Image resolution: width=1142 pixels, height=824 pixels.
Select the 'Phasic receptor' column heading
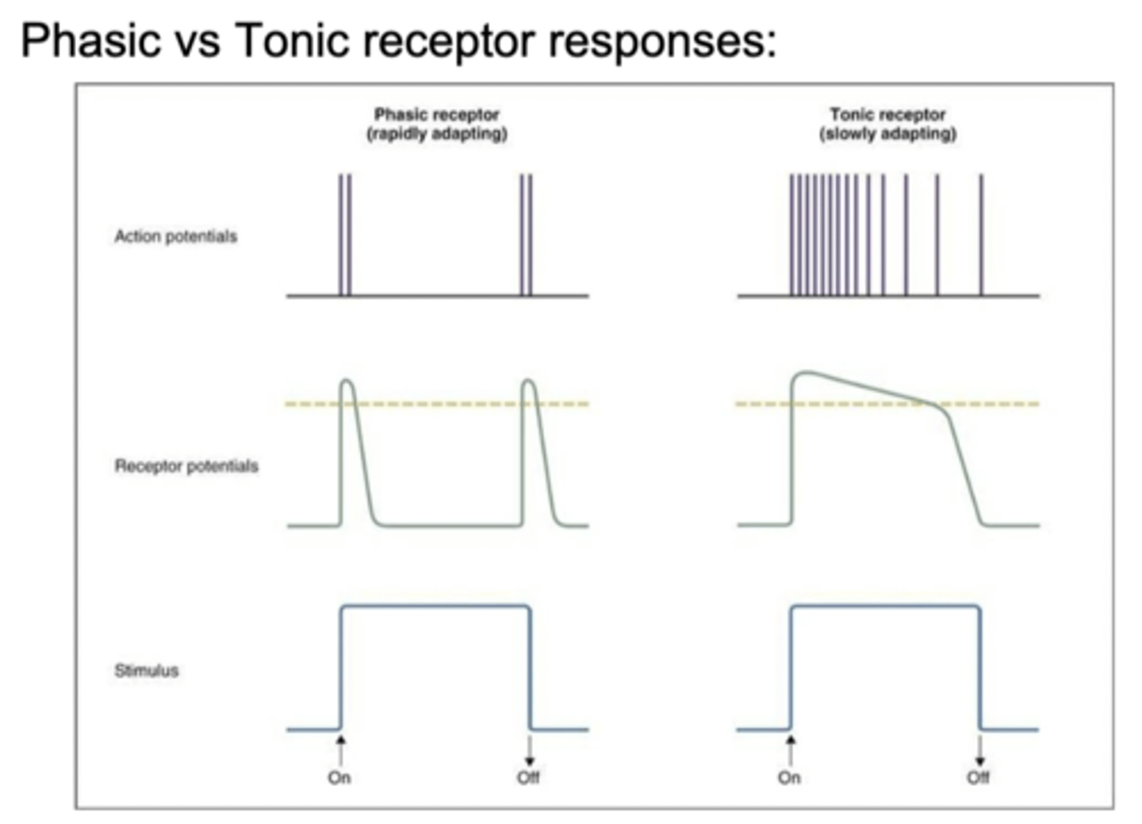pos(436,114)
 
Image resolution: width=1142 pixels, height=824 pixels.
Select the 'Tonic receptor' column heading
pos(887,114)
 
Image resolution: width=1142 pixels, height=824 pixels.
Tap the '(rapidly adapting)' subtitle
pos(436,133)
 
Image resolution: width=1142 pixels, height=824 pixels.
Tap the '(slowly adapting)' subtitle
pos(887,133)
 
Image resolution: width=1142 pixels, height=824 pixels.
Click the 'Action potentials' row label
pos(175,236)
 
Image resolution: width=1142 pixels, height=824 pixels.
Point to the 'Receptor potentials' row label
pos(186,466)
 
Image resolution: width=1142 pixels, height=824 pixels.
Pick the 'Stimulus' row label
pos(147,670)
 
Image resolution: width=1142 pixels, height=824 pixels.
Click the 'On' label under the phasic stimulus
pos(339,777)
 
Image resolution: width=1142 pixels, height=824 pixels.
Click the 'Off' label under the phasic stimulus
pos(528,777)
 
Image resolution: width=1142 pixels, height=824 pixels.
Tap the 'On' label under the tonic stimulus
pos(789,777)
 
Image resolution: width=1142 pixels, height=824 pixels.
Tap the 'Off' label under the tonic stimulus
pos(978,777)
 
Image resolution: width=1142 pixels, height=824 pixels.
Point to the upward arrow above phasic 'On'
pos(341,749)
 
